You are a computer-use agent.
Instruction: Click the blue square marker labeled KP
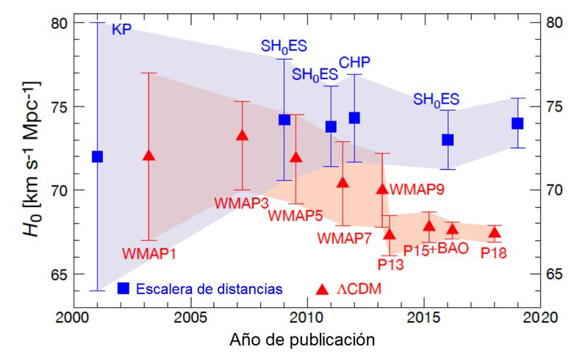[97, 156]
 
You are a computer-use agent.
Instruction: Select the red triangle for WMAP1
[149, 156]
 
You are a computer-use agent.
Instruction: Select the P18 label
[493, 252]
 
